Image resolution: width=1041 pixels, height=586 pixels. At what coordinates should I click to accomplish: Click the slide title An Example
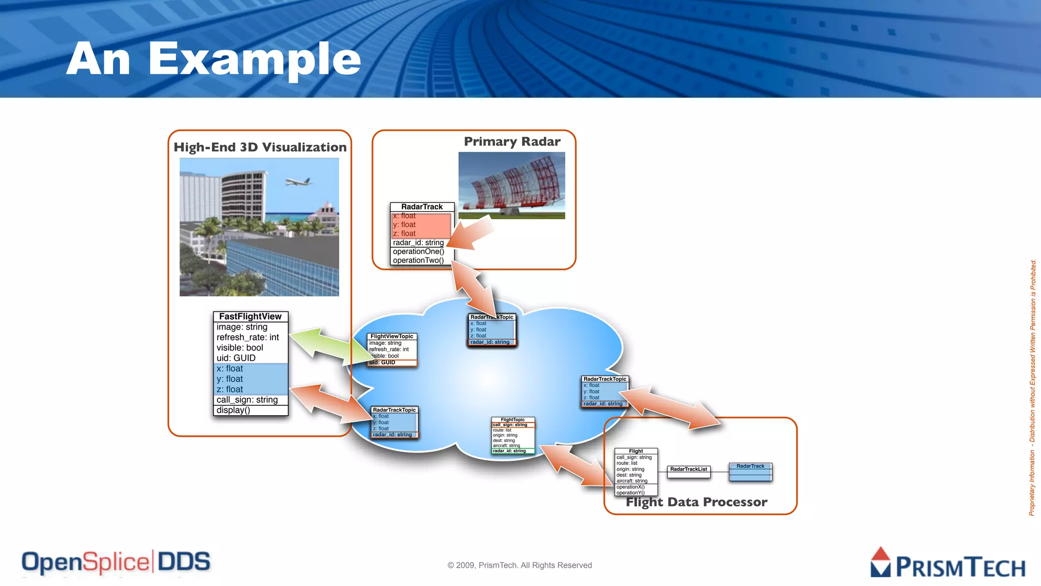(x=213, y=60)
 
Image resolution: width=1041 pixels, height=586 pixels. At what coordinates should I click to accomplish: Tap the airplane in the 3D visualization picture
(x=298, y=182)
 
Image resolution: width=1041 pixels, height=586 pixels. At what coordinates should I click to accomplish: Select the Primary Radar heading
(x=512, y=141)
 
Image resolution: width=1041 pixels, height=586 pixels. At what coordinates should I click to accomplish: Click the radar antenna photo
(x=511, y=186)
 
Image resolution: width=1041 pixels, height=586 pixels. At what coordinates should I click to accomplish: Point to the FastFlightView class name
(x=250, y=316)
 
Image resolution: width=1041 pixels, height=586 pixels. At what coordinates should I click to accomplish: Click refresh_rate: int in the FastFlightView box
(x=248, y=337)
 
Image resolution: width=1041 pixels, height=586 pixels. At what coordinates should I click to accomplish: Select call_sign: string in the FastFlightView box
(x=247, y=400)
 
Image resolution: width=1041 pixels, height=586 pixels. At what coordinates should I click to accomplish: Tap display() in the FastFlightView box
(x=233, y=410)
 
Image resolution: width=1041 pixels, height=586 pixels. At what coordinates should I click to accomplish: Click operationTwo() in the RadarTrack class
(x=418, y=260)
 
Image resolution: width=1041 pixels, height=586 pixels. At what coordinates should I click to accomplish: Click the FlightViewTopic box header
(x=391, y=336)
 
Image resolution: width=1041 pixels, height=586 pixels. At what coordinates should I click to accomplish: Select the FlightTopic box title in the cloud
(x=512, y=420)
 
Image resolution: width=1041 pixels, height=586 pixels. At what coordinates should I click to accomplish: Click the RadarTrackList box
(x=688, y=470)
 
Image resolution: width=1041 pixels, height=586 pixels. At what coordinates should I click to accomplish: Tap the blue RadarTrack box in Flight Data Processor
(x=750, y=472)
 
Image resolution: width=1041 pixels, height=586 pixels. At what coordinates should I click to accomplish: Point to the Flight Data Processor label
(x=696, y=502)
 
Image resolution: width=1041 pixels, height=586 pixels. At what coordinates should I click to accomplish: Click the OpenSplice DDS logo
(x=116, y=562)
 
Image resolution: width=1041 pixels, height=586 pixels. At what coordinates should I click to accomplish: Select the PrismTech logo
(x=947, y=564)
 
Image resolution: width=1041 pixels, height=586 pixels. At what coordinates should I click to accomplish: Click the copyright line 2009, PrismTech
(x=519, y=565)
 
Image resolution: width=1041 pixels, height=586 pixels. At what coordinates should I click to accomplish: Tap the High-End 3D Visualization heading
(x=260, y=147)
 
